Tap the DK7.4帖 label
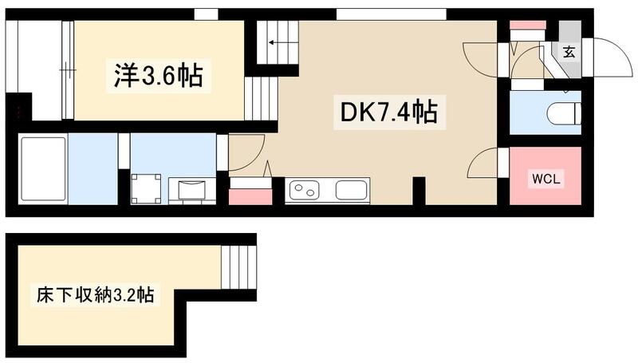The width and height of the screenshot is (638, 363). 388,112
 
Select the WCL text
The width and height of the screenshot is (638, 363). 547,179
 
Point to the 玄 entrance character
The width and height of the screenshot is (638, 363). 569,53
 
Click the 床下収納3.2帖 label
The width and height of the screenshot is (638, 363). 94,294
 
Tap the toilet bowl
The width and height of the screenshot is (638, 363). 564,113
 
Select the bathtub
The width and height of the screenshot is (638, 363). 42,168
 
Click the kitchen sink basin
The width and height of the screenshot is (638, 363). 352,191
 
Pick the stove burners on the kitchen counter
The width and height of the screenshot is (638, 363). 304,191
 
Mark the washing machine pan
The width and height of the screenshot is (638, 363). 146,188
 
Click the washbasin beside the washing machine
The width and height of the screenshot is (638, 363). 192,191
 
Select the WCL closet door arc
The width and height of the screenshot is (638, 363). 481,165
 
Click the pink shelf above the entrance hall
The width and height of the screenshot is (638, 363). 527,26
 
